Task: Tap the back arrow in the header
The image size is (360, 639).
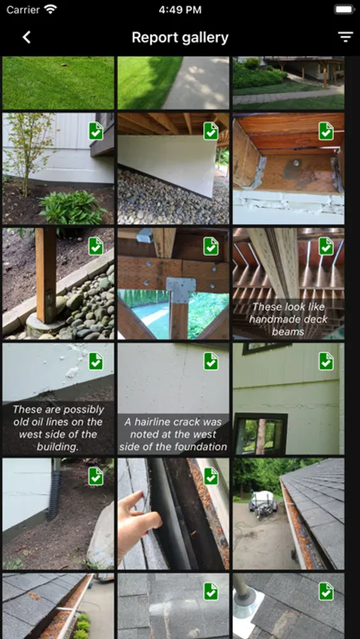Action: coord(26,38)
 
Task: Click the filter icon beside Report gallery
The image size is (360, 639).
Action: coord(345,37)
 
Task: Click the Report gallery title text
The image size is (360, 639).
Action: coord(180,38)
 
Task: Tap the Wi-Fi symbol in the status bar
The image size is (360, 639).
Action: coord(50,9)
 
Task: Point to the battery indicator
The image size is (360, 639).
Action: coord(344,9)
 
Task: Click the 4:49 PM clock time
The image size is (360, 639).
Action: coord(180,10)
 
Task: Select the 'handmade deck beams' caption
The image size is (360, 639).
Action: coord(288,319)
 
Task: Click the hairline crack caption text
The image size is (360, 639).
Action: coord(173,435)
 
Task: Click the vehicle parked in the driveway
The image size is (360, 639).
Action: coord(263,504)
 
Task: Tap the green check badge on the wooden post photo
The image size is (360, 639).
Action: coord(96,246)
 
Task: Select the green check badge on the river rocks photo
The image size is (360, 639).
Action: coord(211,131)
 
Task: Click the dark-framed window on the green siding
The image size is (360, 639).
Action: coord(261,433)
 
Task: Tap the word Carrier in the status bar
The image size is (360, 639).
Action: coord(23,10)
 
